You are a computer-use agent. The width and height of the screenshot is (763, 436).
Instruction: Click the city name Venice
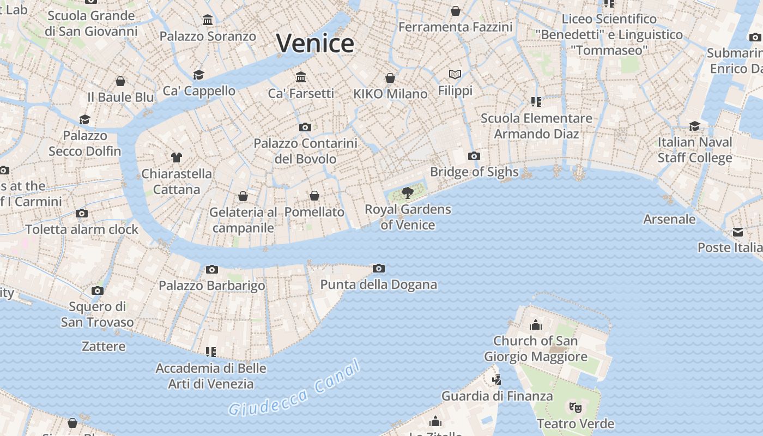click(315, 43)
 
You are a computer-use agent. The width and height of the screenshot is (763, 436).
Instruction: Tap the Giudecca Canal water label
click(295, 388)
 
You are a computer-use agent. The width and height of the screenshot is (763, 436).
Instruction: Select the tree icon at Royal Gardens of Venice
click(407, 192)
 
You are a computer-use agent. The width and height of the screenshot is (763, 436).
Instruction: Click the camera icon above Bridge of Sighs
click(474, 156)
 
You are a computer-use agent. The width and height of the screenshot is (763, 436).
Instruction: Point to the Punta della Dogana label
click(378, 284)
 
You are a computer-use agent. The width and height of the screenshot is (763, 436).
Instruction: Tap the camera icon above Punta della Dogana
click(379, 268)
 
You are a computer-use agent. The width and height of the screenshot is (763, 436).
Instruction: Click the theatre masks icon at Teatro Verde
click(575, 407)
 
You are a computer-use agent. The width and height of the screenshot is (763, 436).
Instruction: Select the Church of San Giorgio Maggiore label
click(536, 349)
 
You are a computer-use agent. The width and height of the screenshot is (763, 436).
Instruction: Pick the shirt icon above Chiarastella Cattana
click(176, 158)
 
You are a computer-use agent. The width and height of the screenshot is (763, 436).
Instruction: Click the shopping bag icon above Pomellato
click(314, 196)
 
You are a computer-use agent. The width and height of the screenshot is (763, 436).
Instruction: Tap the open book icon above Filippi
click(455, 74)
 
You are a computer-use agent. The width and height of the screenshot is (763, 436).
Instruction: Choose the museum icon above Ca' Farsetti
click(301, 77)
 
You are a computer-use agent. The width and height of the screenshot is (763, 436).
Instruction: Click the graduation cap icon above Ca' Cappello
click(199, 75)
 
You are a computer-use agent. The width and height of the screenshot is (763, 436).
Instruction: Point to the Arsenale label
click(669, 219)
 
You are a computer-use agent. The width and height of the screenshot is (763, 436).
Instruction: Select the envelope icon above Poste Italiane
click(738, 232)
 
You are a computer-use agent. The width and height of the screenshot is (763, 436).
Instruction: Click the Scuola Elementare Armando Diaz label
click(536, 126)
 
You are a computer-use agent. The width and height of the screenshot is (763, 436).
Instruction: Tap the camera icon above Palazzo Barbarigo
click(212, 269)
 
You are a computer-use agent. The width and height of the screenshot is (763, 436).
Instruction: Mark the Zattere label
click(104, 346)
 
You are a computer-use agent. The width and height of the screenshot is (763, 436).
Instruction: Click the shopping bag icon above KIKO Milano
click(390, 78)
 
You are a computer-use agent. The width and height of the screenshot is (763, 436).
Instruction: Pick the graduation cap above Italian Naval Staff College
click(694, 126)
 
